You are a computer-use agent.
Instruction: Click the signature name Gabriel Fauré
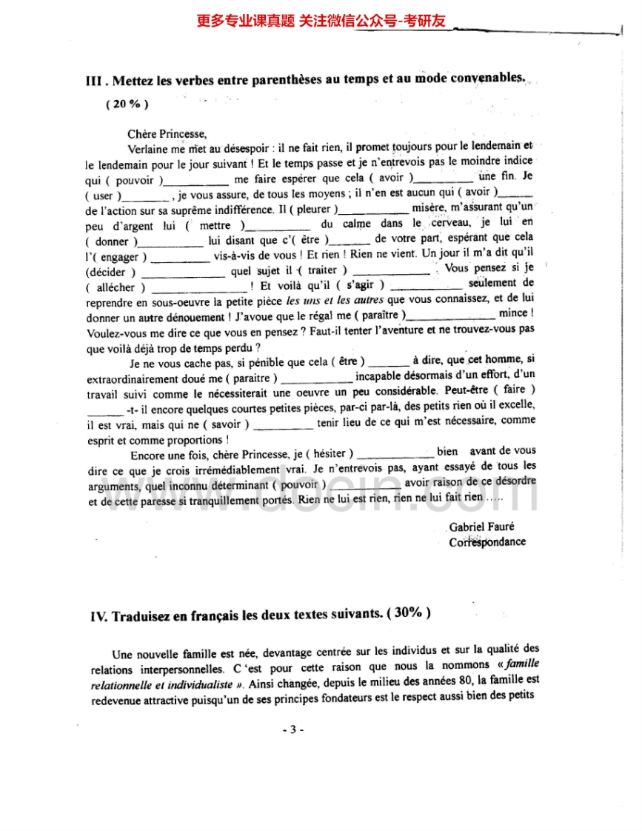(481, 527)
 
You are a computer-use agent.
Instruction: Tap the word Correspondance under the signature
(487, 541)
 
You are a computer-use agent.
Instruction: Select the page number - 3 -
(293, 730)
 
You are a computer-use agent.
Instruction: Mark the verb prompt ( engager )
(118, 257)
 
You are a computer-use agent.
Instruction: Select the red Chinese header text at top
(321, 21)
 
